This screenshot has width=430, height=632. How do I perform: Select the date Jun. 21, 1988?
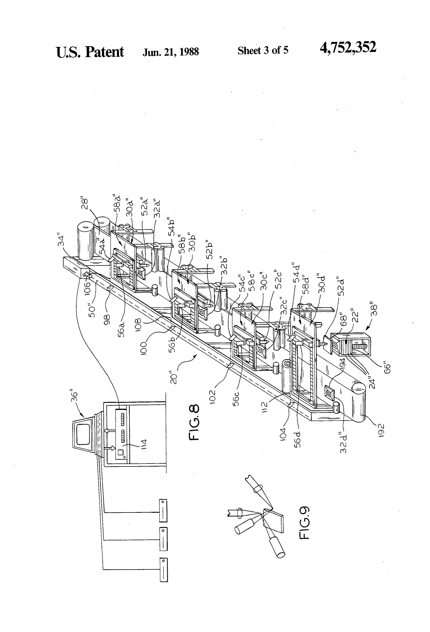171,51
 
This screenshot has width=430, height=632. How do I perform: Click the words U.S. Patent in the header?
90,52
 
